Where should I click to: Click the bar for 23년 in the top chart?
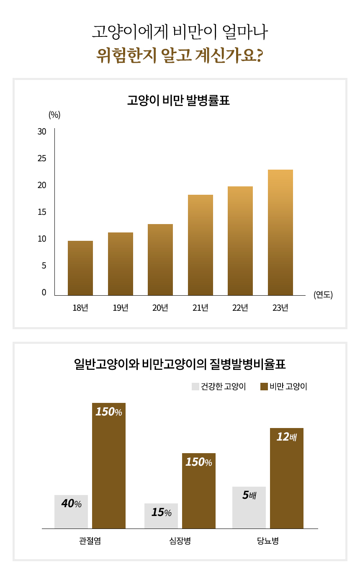(x=280, y=232)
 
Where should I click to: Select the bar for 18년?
(x=80, y=268)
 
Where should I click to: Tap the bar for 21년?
(x=200, y=245)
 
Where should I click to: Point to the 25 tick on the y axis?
(x=42, y=159)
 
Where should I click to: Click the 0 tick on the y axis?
(x=44, y=293)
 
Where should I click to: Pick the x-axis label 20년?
(x=160, y=308)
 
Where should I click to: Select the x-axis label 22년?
(x=240, y=308)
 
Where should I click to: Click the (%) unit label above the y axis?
(x=54, y=115)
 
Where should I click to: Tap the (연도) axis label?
(x=323, y=294)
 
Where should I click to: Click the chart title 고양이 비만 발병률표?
(x=179, y=101)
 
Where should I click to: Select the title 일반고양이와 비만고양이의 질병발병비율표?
(x=180, y=364)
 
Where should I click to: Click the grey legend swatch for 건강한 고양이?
(x=195, y=387)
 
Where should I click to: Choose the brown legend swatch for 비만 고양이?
(x=264, y=387)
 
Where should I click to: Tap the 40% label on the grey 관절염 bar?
(x=71, y=504)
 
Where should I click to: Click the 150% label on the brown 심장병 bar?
(x=198, y=462)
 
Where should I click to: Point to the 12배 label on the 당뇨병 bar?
(x=287, y=437)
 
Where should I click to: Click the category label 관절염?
(x=90, y=541)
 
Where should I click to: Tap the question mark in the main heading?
(x=258, y=55)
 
